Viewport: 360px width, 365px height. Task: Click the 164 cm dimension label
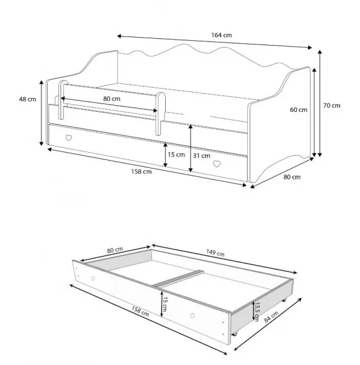click(x=221, y=35)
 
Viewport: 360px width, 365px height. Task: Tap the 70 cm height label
click(x=331, y=105)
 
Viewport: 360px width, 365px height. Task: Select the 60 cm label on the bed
click(x=298, y=109)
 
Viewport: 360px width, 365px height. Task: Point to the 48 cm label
click(x=27, y=99)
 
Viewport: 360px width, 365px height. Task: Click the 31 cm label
click(x=202, y=156)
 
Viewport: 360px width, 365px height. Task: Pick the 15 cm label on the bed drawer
click(x=176, y=155)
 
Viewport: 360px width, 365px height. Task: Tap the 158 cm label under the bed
click(x=141, y=172)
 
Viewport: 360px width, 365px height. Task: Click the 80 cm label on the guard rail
click(x=111, y=99)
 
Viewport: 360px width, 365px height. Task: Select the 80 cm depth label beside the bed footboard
click(x=292, y=177)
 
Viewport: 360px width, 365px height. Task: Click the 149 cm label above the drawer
click(x=215, y=253)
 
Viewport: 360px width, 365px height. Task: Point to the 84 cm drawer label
click(x=271, y=316)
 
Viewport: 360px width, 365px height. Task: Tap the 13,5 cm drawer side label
click(x=256, y=311)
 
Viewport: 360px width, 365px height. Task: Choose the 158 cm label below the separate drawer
click(x=140, y=311)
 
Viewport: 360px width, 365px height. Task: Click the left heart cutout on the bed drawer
click(x=69, y=138)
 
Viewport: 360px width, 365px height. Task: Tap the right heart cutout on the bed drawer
click(x=217, y=164)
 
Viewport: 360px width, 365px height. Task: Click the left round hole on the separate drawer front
click(x=93, y=278)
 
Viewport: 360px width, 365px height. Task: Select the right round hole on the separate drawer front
click(x=192, y=316)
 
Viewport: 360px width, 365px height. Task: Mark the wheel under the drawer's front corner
click(x=235, y=334)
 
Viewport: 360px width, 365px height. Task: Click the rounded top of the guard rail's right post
click(x=161, y=96)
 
